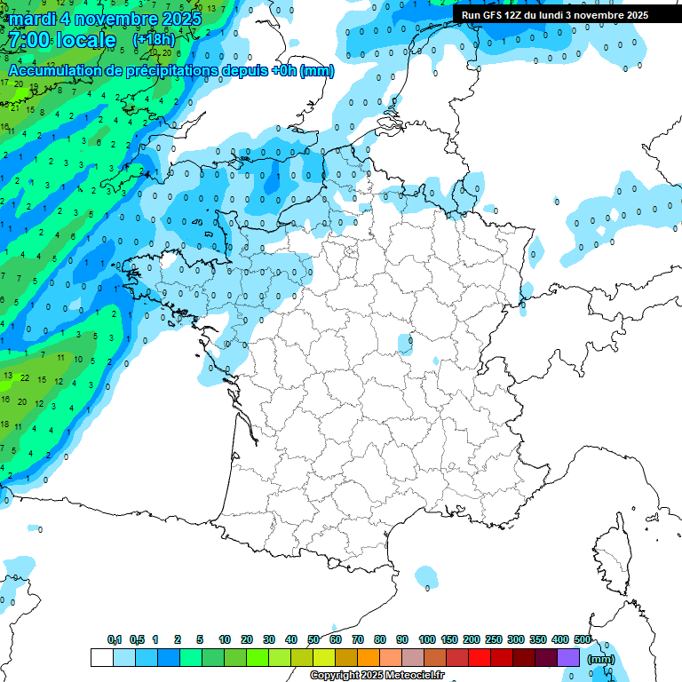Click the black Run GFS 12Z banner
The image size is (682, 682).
point(555,15)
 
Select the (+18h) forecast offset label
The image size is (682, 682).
point(154,40)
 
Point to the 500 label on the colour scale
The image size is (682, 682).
point(583,639)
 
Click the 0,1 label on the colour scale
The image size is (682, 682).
point(115,639)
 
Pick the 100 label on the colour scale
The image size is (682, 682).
point(427,639)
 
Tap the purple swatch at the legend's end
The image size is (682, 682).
point(568,658)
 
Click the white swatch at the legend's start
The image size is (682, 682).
point(101,658)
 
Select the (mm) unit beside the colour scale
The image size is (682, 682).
point(601,659)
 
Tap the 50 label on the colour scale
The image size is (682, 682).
point(313,639)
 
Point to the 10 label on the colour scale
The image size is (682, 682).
point(225,639)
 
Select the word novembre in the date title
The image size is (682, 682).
point(106,19)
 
